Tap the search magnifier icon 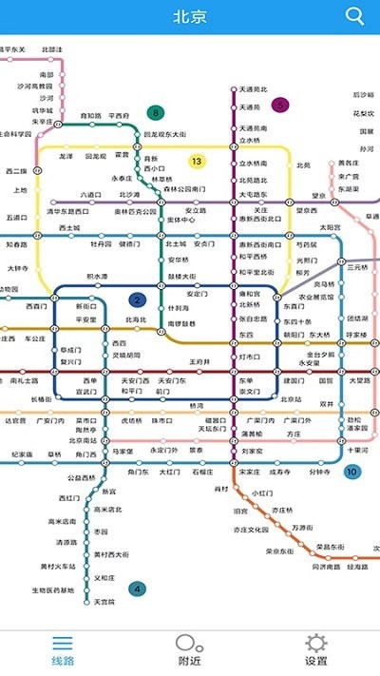tap(355, 15)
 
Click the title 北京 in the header tap(190, 16)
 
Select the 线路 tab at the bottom tap(63, 650)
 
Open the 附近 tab tap(189, 650)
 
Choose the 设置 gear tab tap(315, 650)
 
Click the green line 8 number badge tap(155, 113)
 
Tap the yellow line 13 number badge tap(197, 161)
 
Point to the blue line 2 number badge tap(138, 300)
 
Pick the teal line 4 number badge tap(138, 589)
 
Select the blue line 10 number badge tap(352, 472)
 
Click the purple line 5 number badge tap(279, 105)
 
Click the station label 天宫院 tap(104, 602)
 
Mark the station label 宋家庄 tap(250, 472)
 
